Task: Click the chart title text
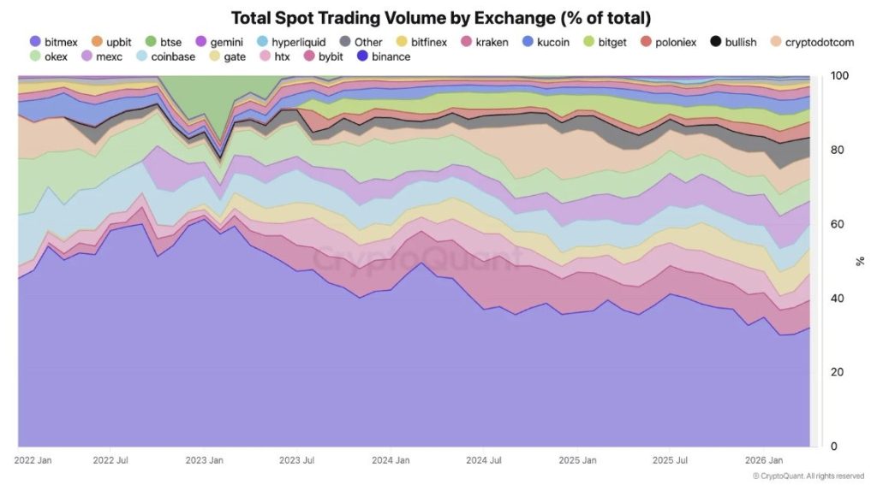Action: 438,18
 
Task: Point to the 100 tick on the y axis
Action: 839,76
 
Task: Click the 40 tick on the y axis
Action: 837,299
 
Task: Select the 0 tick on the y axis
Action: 833,447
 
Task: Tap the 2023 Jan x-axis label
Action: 204,460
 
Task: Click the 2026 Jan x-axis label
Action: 765,460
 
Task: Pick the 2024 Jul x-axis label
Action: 485,460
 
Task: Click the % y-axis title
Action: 860,261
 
